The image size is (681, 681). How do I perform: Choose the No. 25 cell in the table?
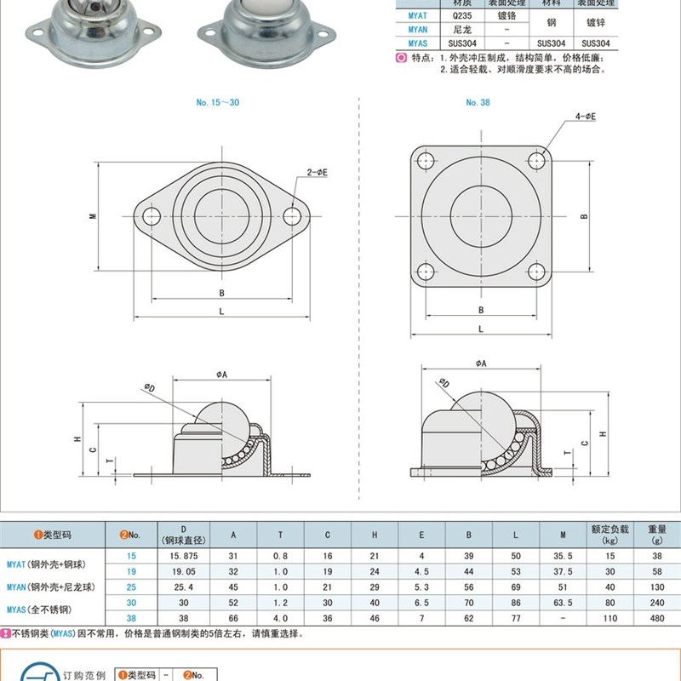(131, 586)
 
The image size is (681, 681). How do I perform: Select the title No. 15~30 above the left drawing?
(217, 102)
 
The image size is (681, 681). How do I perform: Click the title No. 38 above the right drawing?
(477, 102)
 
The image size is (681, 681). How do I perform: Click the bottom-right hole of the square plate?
(535, 272)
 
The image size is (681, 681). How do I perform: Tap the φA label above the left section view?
(219, 373)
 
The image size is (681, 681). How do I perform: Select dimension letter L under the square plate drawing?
(480, 329)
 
